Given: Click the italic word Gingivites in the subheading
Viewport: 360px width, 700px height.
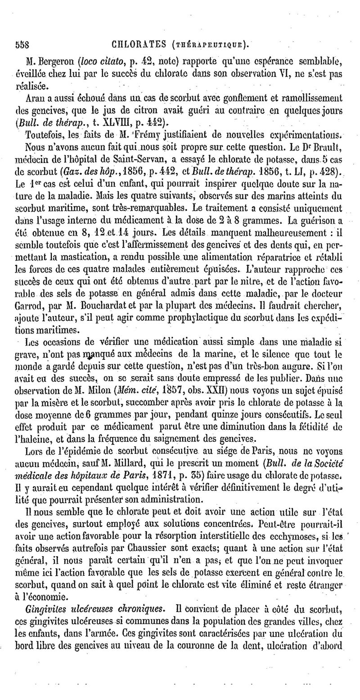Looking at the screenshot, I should click(45, 609).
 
